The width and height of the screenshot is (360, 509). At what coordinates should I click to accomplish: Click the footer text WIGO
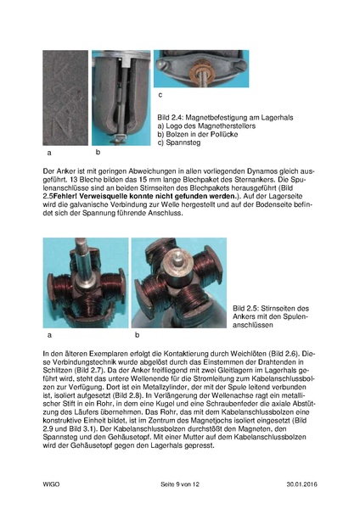52,484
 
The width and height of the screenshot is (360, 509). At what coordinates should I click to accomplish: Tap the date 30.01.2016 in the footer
303,484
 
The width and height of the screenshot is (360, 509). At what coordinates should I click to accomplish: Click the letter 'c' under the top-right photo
160,95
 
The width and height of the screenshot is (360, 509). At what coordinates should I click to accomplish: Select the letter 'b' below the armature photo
136,335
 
